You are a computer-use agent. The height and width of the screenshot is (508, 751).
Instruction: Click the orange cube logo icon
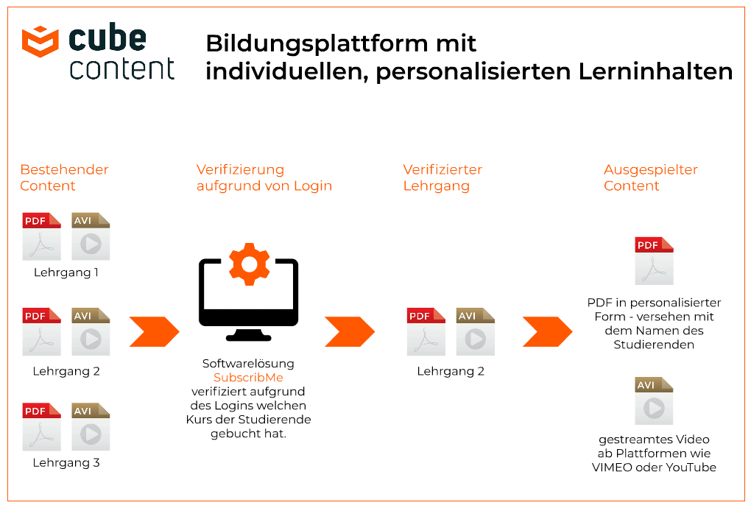click(x=40, y=42)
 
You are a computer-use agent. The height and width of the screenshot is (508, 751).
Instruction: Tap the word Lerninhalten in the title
click(x=656, y=72)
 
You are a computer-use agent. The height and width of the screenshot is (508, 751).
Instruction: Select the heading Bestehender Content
click(x=64, y=177)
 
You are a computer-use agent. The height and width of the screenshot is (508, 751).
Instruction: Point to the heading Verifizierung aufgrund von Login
click(x=264, y=177)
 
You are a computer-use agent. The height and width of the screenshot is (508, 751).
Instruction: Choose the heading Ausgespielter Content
click(x=650, y=177)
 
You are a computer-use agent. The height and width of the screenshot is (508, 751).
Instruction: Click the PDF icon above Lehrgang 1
click(x=42, y=236)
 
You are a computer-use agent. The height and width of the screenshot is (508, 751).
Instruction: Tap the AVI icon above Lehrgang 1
click(x=91, y=236)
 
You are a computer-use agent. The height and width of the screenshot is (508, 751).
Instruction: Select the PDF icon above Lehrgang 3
click(x=42, y=426)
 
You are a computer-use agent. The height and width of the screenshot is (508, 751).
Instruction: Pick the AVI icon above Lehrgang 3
click(x=91, y=426)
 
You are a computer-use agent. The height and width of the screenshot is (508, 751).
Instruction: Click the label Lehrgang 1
click(x=66, y=273)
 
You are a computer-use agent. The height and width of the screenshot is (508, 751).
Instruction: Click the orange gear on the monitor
click(x=249, y=264)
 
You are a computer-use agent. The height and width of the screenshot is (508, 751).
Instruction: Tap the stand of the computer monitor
click(x=249, y=334)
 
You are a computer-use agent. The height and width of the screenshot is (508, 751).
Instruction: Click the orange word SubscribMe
click(x=248, y=377)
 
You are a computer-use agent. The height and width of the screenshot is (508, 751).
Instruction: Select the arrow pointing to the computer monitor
click(x=154, y=331)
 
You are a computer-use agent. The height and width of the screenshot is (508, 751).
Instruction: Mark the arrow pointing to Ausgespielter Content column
click(x=548, y=331)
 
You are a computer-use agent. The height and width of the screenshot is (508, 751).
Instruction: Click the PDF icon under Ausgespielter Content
click(x=654, y=261)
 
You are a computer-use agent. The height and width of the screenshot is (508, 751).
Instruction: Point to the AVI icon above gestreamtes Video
click(x=654, y=401)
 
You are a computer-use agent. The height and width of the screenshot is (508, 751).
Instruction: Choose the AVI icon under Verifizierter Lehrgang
click(x=475, y=331)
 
